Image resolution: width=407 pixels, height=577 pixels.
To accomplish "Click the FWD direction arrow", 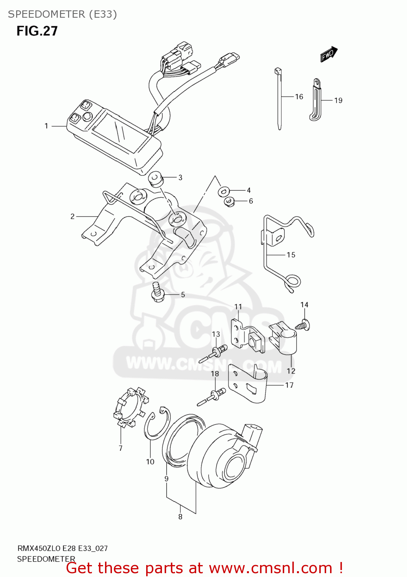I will point(329,54).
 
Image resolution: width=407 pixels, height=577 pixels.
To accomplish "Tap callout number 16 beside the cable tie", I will point(299,97).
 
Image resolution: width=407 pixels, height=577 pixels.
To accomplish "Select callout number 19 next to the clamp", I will point(338,100).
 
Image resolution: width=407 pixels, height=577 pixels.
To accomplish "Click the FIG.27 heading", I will point(37,31).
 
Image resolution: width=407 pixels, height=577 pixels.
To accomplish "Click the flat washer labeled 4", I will point(224,191).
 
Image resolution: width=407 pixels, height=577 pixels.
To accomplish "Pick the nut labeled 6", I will point(229,201).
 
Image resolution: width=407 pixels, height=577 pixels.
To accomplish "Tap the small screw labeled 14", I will point(304,324).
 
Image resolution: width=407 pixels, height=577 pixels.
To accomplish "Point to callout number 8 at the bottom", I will point(180,517).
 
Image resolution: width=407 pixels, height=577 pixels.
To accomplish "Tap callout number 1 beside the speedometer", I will point(46,126).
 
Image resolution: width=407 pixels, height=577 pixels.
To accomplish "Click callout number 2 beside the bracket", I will point(72,217).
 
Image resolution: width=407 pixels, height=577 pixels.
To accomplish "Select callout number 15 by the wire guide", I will point(291,255).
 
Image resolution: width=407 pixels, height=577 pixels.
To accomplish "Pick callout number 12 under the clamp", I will point(291,371).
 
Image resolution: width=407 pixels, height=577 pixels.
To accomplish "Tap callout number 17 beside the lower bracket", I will point(289,385).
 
